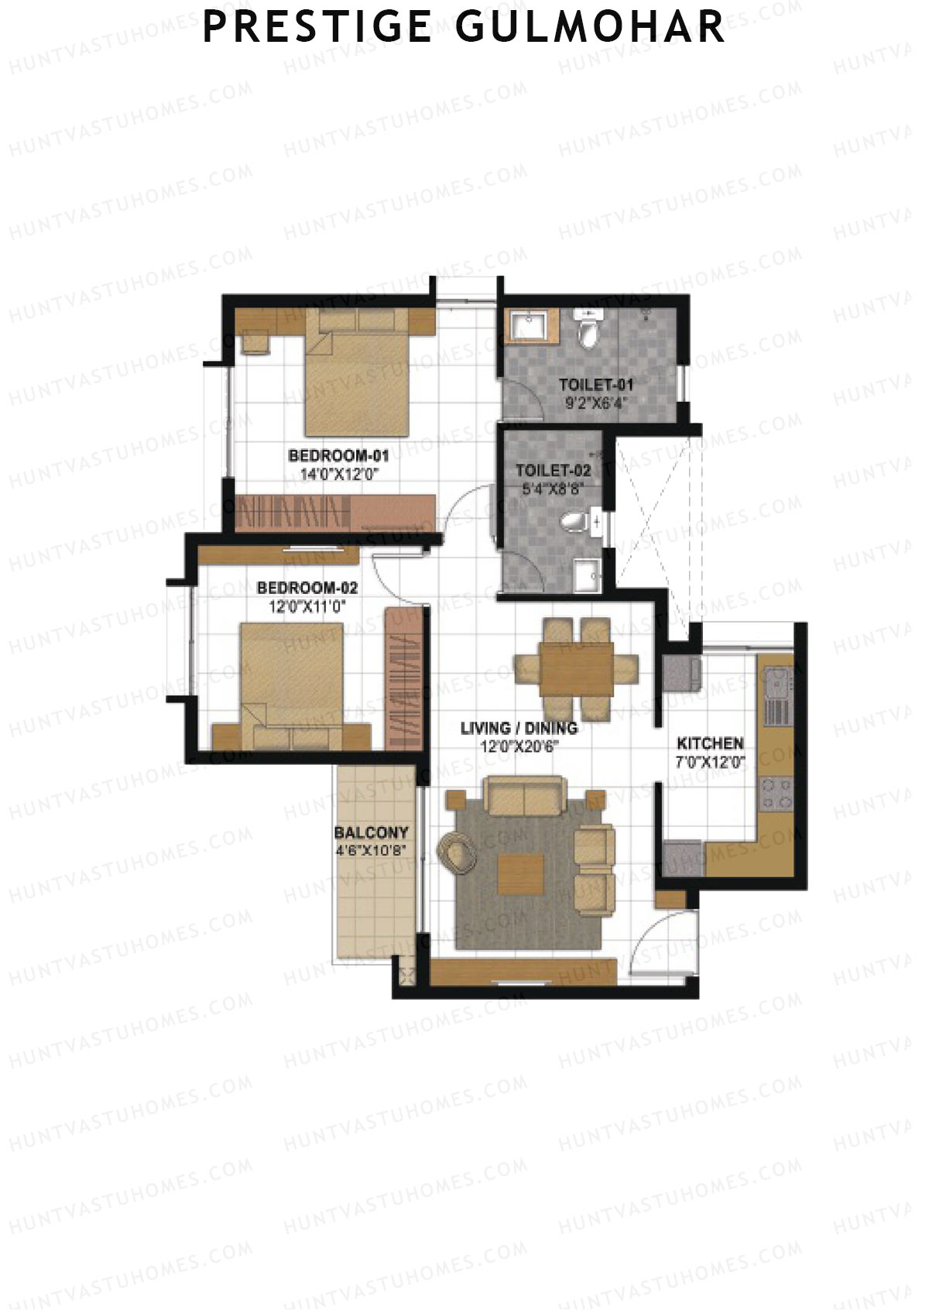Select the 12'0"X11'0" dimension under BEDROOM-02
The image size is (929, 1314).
pyautogui.click(x=307, y=607)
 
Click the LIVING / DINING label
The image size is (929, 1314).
pyautogui.click(x=519, y=728)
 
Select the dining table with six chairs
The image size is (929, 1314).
pyautogui.click(x=577, y=667)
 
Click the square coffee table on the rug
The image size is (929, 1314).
pyautogui.click(x=520, y=873)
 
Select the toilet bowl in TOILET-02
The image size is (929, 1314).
pyautogui.click(x=574, y=523)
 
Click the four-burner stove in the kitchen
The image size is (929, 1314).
pyautogui.click(x=776, y=792)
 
